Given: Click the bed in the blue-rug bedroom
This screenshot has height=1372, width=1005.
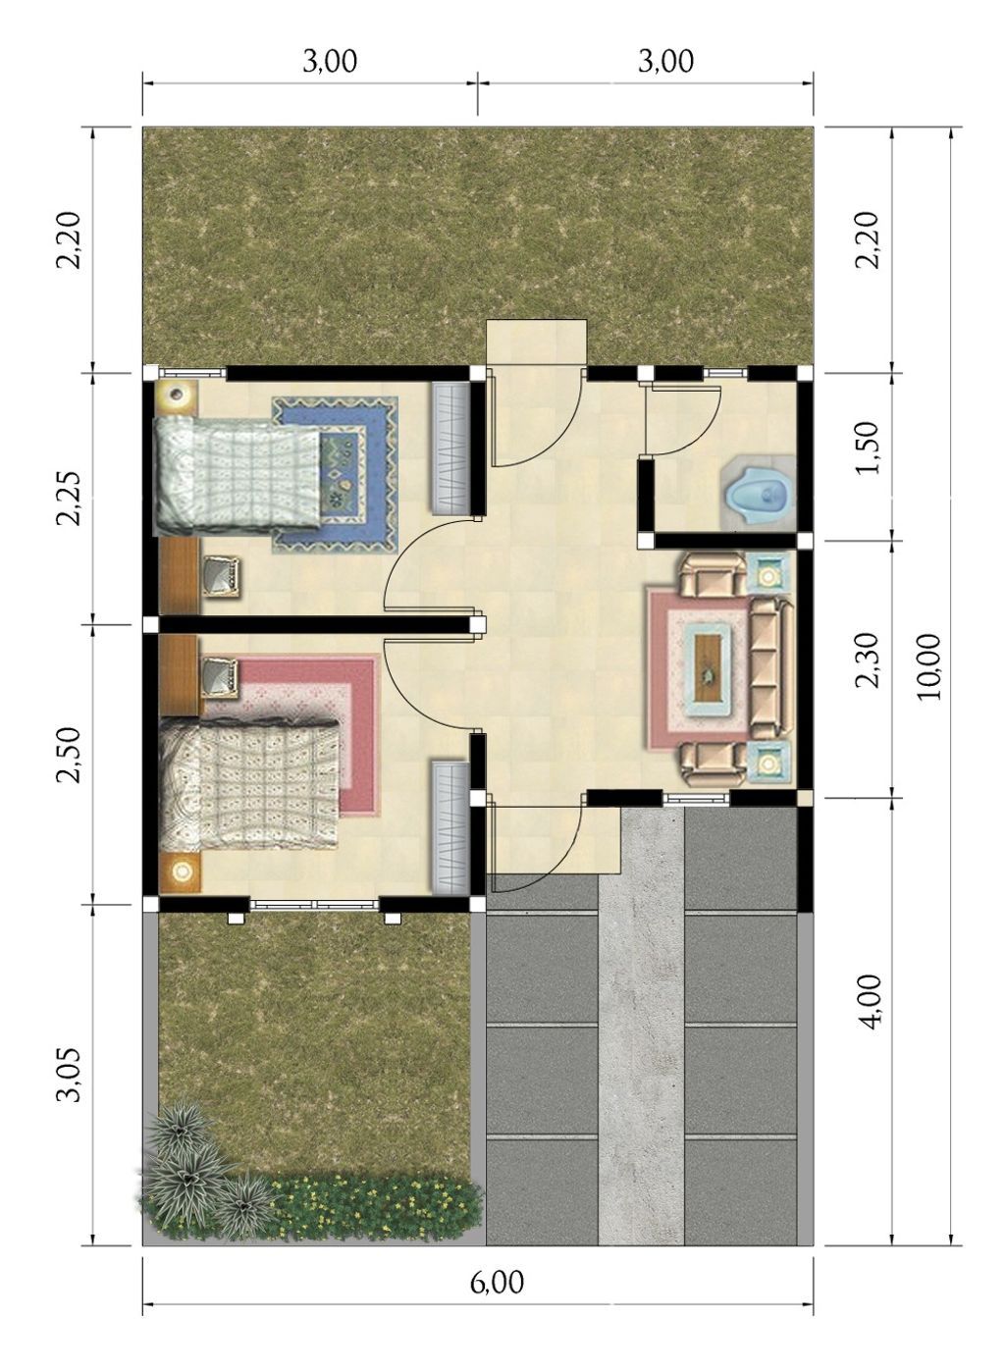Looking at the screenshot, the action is tap(237, 471).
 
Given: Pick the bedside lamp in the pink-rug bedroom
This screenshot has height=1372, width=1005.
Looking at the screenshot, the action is tap(180, 871).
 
